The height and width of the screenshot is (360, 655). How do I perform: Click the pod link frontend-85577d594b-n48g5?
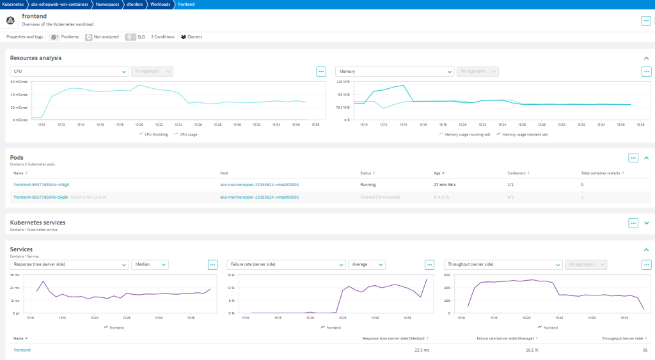pyautogui.click(x=42, y=184)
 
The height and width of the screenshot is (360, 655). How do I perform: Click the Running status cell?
pyautogui.click(x=369, y=184)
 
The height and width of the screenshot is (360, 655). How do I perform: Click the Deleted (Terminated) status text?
pyautogui.click(x=382, y=197)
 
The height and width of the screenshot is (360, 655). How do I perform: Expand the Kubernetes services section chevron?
pyautogui.click(x=646, y=223)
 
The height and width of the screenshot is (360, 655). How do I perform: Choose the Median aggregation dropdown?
pyautogui.click(x=150, y=264)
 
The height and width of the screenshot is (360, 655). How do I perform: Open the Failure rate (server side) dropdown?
pyautogui.click(x=286, y=264)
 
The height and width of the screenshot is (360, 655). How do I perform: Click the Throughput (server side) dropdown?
pyautogui.click(x=503, y=264)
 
